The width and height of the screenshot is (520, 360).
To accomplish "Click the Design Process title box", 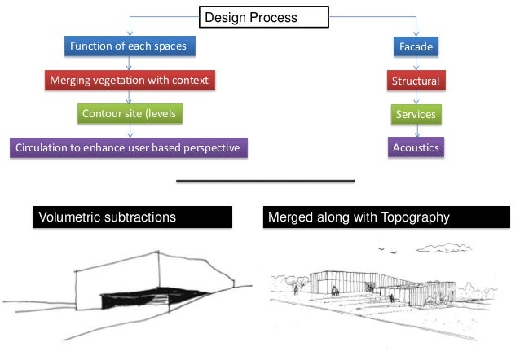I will click(x=263, y=17).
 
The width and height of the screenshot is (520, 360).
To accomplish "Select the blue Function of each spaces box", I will click(x=129, y=46).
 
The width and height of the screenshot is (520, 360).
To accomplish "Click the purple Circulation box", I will click(x=129, y=147).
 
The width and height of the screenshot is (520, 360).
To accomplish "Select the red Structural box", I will click(x=415, y=81).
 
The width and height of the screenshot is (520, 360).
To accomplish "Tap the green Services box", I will click(x=415, y=115).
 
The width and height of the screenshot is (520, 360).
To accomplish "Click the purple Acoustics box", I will click(x=415, y=147).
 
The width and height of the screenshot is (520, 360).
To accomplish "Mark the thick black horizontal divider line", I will click(x=265, y=181).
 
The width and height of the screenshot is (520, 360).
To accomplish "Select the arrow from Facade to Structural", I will click(x=415, y=64).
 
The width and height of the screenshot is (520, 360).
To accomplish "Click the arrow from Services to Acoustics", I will click(x=415, y=131).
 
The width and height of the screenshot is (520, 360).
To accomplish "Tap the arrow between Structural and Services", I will click(x=415, y=98).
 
